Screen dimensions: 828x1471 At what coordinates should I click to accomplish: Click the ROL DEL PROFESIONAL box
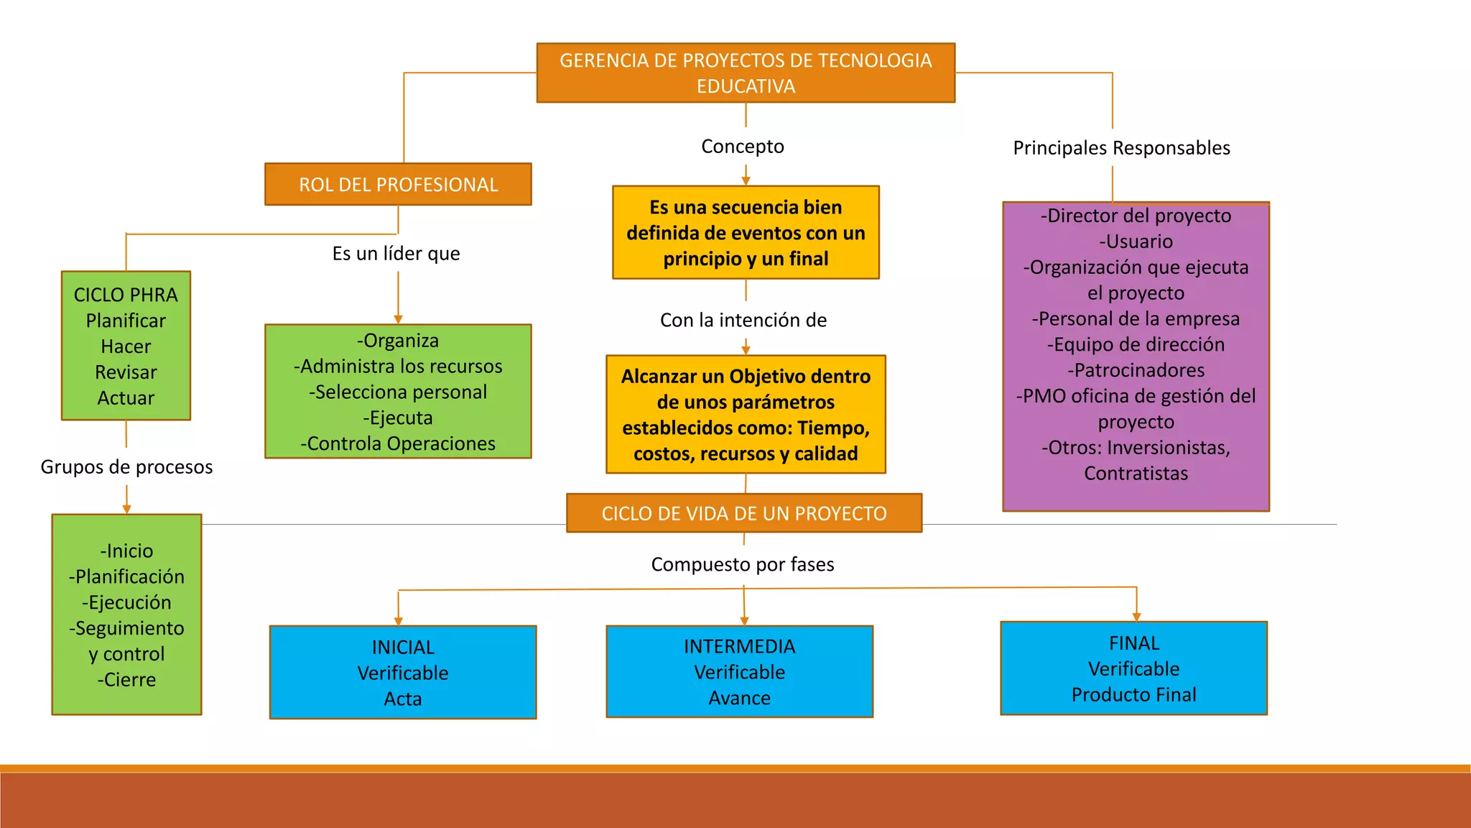(398, 185)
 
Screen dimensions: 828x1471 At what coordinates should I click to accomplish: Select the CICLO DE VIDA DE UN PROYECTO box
(743, 513)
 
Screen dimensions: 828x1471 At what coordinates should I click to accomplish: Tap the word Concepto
(742, 147)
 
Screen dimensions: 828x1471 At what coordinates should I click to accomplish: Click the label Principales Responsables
(1120, 148)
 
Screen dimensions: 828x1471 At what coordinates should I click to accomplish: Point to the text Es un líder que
(396, 254)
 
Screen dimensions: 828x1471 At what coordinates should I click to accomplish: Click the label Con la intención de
(743, 321)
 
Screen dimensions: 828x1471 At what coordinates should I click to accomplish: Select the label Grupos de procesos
(126, 467)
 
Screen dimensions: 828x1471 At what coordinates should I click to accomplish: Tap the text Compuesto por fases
(742, 565)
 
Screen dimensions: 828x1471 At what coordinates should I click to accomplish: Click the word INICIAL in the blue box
(403, 648)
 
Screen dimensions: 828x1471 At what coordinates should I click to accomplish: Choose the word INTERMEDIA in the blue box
(739, 647)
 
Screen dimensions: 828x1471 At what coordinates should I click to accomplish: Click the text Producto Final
(1133, 695)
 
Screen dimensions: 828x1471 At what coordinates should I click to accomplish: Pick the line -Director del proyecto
(1136, 216)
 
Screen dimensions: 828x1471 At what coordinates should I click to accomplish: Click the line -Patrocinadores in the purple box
(1136, 370)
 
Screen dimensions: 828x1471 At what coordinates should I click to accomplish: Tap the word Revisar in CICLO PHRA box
(126, 372)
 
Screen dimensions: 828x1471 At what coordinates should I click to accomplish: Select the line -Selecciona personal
(398, 392)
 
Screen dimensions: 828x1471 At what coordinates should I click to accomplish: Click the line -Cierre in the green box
(126, 680)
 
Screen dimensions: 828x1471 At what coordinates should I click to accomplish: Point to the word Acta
(403, 699)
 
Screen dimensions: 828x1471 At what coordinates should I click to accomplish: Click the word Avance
(739, 699)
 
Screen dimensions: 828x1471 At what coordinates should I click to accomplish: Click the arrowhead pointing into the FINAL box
(1136, 617)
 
